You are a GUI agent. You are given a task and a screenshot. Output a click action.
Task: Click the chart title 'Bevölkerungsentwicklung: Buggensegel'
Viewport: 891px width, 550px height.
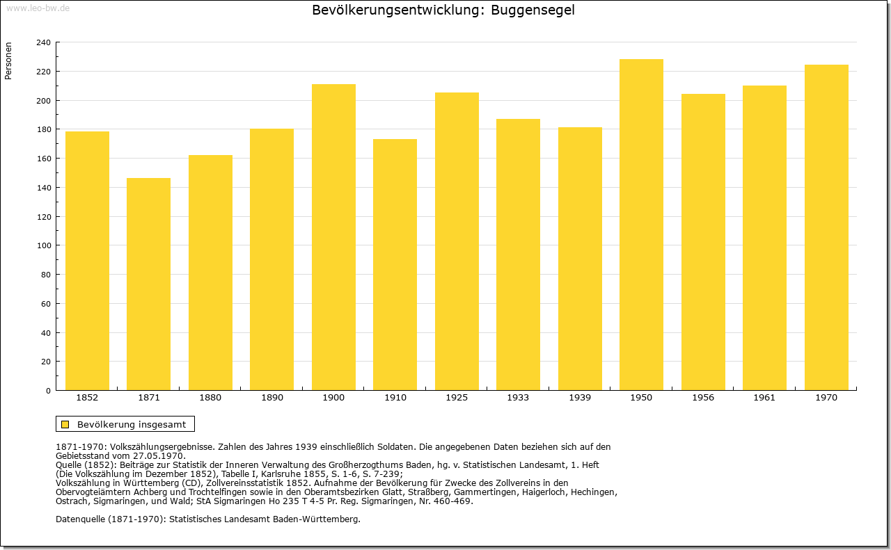tap(443, 10)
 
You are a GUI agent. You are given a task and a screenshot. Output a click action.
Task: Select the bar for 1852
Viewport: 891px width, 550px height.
tap(87, 261)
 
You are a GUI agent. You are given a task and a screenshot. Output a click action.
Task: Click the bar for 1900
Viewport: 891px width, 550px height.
tap(333, 237)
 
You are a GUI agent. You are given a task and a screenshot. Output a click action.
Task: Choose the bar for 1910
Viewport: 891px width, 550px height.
tap(395, 264)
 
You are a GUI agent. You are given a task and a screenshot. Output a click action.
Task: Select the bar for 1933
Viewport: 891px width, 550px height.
tap(518, 254)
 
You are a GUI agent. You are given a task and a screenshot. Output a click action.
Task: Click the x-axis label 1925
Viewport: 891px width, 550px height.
tap(457, 398)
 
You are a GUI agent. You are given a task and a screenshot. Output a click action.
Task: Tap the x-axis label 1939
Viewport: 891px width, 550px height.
tap(580, 398)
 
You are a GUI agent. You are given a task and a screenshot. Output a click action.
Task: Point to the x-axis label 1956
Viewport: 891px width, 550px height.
tap(703, 398)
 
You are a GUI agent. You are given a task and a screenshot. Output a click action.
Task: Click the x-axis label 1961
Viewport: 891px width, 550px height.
tap(764, 398)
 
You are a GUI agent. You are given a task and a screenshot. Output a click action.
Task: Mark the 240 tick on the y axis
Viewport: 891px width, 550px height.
tap(43, 42)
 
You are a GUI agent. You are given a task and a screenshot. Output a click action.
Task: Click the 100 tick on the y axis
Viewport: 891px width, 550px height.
tap(43, 245)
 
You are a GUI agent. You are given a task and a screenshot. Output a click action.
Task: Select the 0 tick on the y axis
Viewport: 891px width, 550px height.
tap(48, 391)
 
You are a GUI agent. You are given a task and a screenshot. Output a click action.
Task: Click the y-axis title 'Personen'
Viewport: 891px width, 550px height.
tap(8, 61)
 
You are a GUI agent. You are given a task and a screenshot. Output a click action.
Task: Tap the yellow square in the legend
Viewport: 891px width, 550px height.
tap(65, 424)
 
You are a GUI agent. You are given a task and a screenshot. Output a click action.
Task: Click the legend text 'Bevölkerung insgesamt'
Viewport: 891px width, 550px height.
tap(132, 424)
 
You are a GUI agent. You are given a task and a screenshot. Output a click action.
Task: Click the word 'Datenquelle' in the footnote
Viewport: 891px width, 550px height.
tap(80, 519)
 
